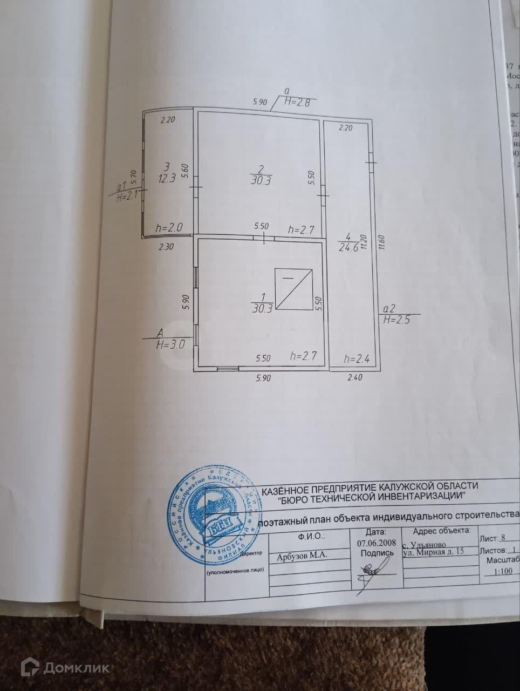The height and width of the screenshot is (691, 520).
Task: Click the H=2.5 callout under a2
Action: (396, 319)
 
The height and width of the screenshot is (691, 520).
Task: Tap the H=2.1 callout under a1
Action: (127, 197)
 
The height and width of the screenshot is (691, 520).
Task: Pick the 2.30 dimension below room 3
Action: (166, 247)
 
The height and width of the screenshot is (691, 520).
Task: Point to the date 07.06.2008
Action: (377, 543)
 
